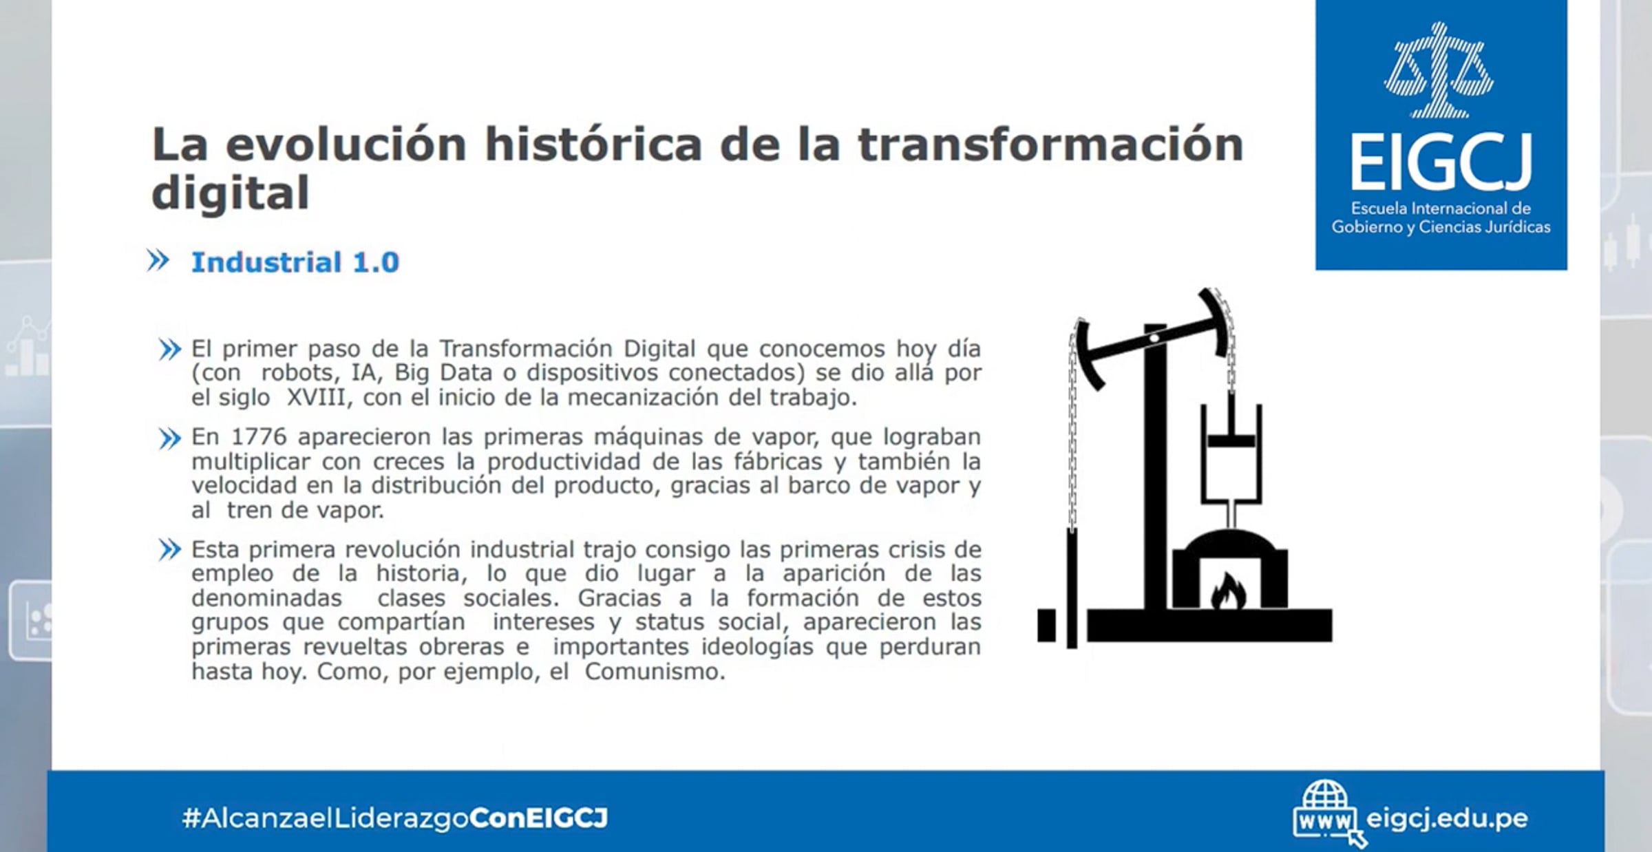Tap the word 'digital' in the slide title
(230, 193)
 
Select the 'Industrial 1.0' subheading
(295, 262)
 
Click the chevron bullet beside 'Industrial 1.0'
(158, 261)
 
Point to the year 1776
(259, 437)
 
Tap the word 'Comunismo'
(655, 671)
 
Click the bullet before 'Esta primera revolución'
(169, 550)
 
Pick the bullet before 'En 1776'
(169, 438)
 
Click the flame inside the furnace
(1228, 592)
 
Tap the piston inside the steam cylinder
(1231, 440)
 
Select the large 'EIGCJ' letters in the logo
(1441, 162)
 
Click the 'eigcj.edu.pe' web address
(1447, 818)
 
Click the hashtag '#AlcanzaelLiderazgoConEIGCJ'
(395, 818)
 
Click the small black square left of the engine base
(1046, 626)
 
